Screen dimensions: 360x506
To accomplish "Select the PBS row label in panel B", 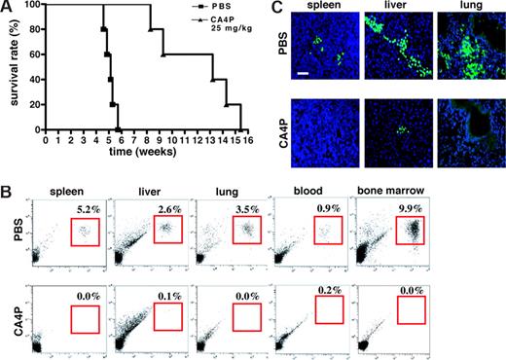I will [x=12, y=228].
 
